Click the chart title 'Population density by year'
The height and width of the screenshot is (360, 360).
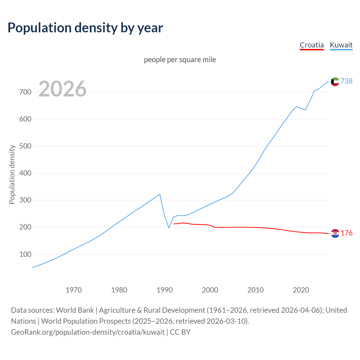(85, 28)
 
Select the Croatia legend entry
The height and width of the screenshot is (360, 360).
(312, 45)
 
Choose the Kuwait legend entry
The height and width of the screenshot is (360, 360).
(341, 45)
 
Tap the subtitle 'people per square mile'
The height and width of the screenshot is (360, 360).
(180, 60)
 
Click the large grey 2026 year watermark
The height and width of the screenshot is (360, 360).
(62, 89)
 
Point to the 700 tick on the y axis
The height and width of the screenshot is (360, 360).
(25, 92)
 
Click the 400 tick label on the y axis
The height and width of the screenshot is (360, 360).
(25, 173)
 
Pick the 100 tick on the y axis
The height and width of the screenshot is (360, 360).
(25, 254)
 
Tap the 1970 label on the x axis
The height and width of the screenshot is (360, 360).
(74, 290)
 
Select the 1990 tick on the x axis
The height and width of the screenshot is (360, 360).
(165, 290)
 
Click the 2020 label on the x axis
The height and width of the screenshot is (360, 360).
(301, 290)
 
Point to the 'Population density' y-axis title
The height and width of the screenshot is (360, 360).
(12, 174)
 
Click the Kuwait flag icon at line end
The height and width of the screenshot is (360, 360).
(335, 82)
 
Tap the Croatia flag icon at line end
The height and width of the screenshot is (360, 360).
(335, 233)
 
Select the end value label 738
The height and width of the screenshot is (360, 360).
(346, 81)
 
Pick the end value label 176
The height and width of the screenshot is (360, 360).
(346, 233)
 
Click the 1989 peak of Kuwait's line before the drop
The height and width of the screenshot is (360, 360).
(160, 194)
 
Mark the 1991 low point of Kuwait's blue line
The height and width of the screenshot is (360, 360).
(169, 228)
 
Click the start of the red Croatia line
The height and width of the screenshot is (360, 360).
(174, 224)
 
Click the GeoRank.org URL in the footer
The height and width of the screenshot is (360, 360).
(88, 332)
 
